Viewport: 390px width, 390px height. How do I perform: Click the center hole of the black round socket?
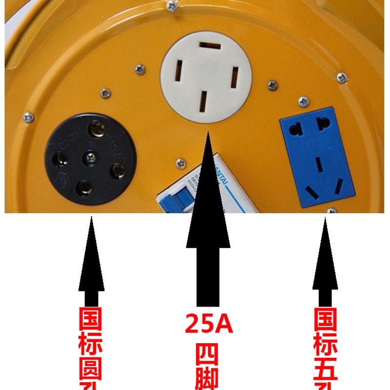coord(91,157)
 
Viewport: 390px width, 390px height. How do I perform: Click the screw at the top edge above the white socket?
coord(172,6)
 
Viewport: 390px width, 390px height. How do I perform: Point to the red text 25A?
coord(209,323)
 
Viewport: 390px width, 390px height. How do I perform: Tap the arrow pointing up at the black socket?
coord(91,263)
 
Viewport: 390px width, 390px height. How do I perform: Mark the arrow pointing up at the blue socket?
coord(325,263)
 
